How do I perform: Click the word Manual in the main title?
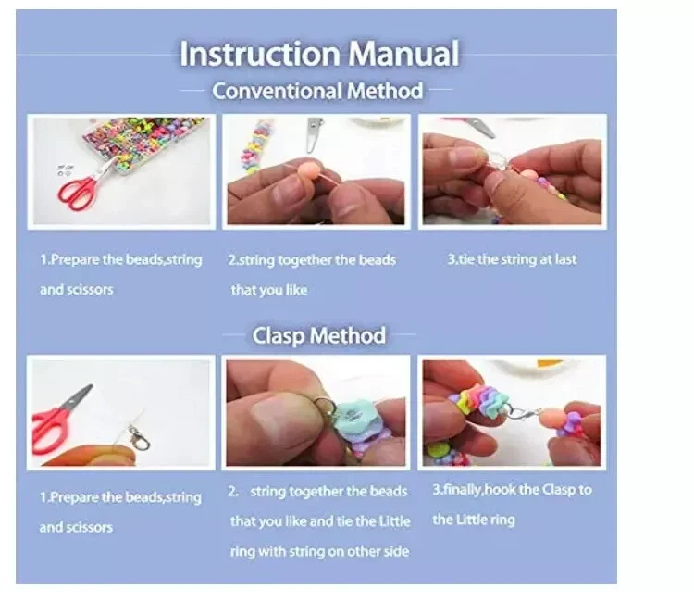coord(403,54)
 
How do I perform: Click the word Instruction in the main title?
coord(259,54)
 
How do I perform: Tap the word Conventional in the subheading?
coord(277,91)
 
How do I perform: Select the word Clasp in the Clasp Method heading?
coord(278,336)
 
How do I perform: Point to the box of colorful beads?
coord(143,140)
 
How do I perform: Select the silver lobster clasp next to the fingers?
coord(139,439)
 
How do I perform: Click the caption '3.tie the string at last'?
coord(512,259)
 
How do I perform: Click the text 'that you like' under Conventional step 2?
coord(269,290)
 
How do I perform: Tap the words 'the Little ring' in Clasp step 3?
coord(474,520)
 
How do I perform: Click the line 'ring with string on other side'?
coord(319,551)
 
